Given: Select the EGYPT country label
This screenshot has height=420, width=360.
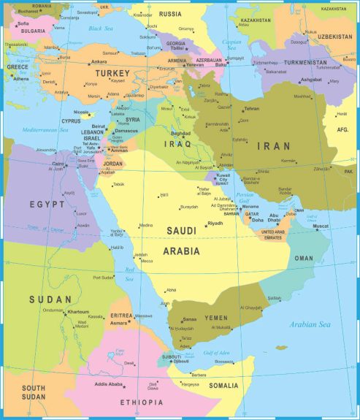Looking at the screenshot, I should (x=47, y=204).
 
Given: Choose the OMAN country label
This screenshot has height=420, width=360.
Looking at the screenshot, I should (x=304, y=258).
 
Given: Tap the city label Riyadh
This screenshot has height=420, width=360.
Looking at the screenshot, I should (x=215, y=223).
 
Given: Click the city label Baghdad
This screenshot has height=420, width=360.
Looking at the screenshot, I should (x=180, y=134).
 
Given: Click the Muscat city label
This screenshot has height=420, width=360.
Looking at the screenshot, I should (x=321, y=226).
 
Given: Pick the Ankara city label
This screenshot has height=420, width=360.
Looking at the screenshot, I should (x=99, y=62).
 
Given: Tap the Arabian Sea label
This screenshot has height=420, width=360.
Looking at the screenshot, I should (x=315, y=324).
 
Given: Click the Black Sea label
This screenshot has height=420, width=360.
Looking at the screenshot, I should (x=102, y=28).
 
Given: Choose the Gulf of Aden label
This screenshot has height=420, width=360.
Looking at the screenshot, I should (x=216, y=353).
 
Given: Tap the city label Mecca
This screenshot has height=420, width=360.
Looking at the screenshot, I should (x=147, y=261).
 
